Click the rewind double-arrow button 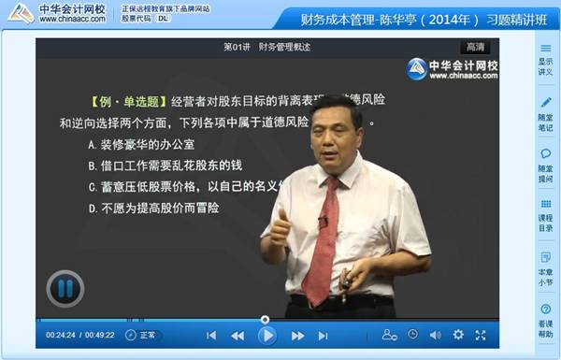237,335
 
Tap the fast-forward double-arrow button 297,335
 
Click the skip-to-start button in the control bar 211,335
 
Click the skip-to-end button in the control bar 324,335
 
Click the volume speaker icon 435,335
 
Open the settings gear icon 458,335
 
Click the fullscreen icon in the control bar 481,335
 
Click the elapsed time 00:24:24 60,335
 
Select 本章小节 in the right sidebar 545,264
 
